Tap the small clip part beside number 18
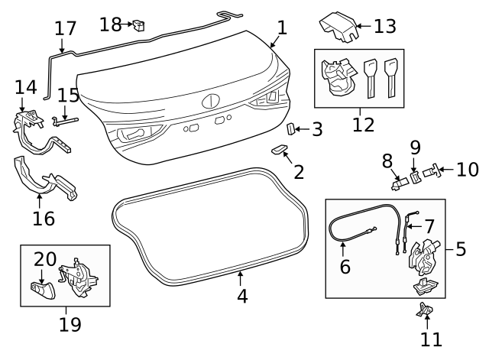[139, 26]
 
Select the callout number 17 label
[66, 29]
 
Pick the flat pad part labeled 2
[279, 150]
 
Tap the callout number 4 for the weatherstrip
[242, 295]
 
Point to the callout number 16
[44, 219]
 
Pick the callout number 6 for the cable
[345, 267]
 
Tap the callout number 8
[387, 161]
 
